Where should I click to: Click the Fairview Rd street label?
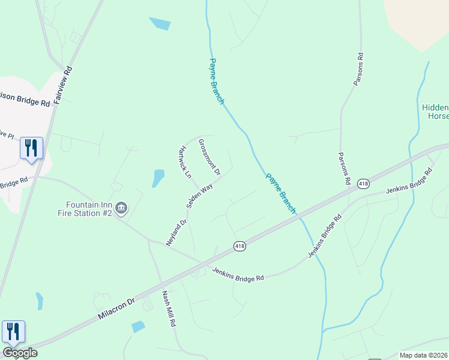click(62, 86)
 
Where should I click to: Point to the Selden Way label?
click(200, 197)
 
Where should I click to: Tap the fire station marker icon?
click(121, 208)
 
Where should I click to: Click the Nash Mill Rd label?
click(169, 308)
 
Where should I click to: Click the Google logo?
click(20, 353)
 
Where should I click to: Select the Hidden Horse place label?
click(435, 112)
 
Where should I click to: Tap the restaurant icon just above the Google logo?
click(13, 332)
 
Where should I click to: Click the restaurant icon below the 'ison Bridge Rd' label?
click(31, 148)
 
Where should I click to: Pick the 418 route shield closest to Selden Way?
click(239, 246)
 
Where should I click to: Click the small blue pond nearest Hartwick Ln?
click(158, 178)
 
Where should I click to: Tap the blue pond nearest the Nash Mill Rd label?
click(138, 327)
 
